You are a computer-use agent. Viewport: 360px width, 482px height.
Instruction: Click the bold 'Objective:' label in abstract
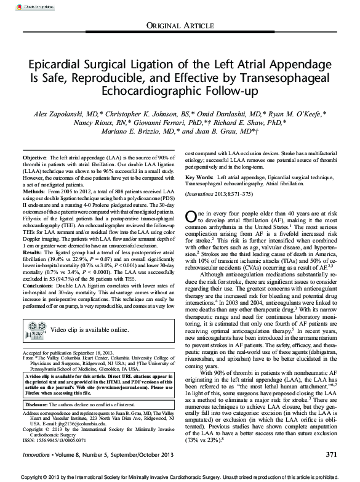[x=34, y=159]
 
